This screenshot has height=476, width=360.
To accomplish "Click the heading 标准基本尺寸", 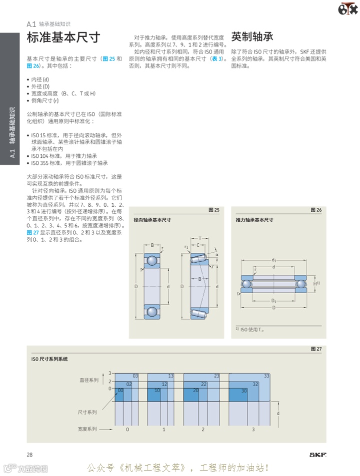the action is pos(63,37).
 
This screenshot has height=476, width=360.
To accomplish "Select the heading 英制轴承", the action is pos(252,36).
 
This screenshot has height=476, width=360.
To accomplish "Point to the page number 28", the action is pos(29,454).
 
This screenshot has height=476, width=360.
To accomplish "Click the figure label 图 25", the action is pos(213,210).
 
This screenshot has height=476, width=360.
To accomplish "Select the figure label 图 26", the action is pos(316,210).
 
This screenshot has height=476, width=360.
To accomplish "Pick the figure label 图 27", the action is pos(316,349).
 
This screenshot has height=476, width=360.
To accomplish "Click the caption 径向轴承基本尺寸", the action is pos(152,220).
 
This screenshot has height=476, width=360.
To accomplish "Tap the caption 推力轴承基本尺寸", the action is pos(254,220).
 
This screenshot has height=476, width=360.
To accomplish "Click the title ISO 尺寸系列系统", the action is pos(49,359).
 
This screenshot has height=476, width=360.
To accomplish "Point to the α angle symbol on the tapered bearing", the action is pos(217,255).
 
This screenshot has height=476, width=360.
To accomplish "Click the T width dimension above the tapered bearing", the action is pos(200,238).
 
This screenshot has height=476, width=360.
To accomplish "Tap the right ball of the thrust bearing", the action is pos(301,284).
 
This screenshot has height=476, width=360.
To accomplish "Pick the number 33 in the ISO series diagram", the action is pos(266,376).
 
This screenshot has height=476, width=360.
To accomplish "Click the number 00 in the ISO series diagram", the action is pos(120,390).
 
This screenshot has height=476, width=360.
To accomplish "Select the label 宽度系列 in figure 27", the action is pos(87,429).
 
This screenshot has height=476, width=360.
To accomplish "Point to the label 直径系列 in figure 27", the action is pos(89,380).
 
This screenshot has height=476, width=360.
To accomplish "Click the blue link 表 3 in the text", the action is pos(216,58).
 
